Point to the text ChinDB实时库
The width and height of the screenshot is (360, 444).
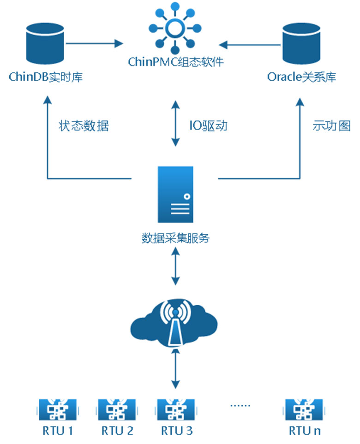(46, 77)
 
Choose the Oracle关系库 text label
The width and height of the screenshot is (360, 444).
(302, 77)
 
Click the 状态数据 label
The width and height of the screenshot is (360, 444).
(84, 125)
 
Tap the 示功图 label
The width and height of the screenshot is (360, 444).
(331, 125)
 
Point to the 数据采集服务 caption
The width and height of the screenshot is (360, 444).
(175, 238)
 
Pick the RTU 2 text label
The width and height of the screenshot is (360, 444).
(117, 432)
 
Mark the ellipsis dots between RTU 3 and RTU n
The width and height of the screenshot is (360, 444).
(240, 405)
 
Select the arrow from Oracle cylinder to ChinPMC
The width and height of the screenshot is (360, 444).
(250, 45)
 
